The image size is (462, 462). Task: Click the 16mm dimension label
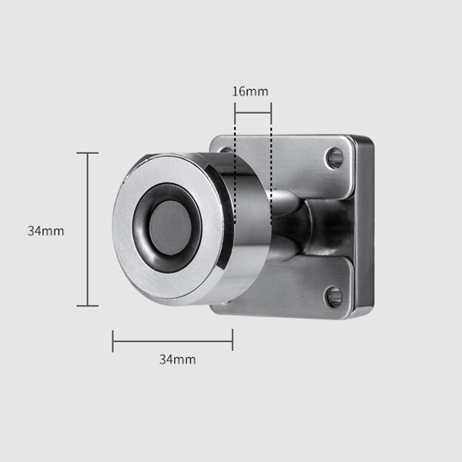(x=250, y=92)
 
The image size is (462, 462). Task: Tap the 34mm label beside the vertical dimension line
(x=45, y=231)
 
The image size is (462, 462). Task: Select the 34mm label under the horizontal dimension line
(x=177, y=360)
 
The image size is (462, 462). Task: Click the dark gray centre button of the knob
(x=170, y=228)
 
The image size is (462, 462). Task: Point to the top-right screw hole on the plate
(x=335, y=158)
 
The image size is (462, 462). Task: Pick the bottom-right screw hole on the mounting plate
(x=333, y=296)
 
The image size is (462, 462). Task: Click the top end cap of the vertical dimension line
(x=87, y=153)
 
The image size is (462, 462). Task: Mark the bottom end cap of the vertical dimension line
(x=87, y=306)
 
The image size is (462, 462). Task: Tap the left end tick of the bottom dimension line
(x=112, y=341)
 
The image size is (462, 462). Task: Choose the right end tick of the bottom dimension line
(x=233, y=340)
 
